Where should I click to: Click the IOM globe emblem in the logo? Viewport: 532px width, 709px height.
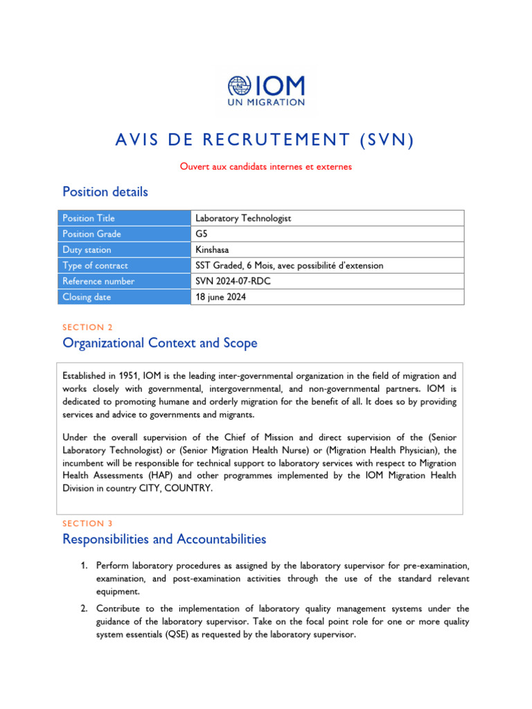tap(240, 86)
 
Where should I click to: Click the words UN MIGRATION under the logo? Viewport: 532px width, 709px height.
tap(266, 102)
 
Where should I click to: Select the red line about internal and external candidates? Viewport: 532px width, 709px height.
tap(266, 166)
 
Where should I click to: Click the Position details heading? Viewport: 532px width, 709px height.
tap(105, 191)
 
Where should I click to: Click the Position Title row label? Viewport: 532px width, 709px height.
tap(89, 218)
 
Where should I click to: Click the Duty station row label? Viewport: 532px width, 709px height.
tap(87, 250)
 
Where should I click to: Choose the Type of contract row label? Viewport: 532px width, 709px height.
tap(95, 265)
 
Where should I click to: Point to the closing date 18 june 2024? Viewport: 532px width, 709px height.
tap(220, 297)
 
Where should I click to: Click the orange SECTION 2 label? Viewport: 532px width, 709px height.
tap(87, 327)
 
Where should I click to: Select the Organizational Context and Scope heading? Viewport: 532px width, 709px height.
tap(159, 343)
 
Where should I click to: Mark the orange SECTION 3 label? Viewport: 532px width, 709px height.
tap(87, 523)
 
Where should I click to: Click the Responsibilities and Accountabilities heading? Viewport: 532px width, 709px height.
tap(164, 539)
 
